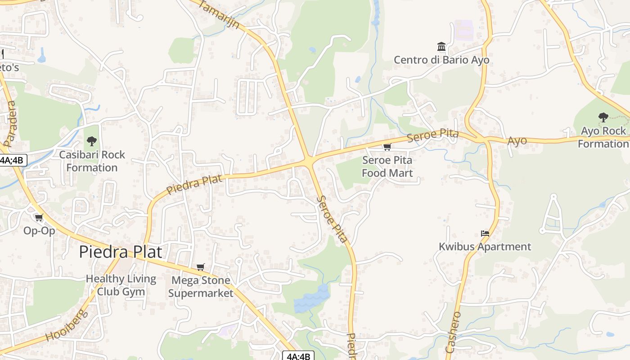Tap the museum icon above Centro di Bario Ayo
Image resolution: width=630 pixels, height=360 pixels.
tap(441, 47)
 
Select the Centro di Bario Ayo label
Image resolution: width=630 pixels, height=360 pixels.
tap(441, 60)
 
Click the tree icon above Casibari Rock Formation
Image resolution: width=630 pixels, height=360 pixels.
tap(92, 141)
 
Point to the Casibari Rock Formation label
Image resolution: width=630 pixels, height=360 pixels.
tap(92, 161)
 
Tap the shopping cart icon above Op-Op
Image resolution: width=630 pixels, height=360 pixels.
tap(39, 218)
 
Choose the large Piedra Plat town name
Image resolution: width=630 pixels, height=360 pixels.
tap(120, 252)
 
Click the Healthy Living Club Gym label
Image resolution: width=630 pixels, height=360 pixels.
tap(121, 285)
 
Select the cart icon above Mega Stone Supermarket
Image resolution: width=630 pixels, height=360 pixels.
tap(201, 267)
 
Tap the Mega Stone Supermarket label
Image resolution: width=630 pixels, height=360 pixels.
tap(201, 287)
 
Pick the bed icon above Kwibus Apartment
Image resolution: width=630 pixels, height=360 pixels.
tap(485, 234)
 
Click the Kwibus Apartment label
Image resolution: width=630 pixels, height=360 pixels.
tap(485, 247)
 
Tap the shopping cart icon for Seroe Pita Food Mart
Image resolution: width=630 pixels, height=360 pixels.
tap(387, 147)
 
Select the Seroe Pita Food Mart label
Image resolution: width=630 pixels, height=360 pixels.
tap(387, 166)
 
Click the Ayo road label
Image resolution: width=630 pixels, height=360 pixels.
tap(517, 141)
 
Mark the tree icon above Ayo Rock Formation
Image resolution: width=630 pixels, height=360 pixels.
tap(603, 117)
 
